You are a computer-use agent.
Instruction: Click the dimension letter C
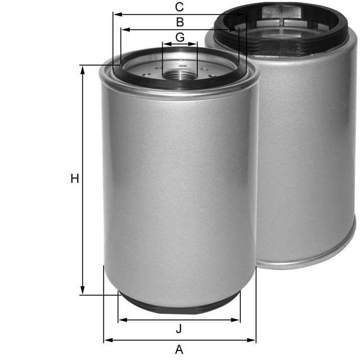pos(179,7)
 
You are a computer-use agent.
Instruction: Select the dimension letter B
pos(179,22)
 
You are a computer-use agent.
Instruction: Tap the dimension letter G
pos(179,37)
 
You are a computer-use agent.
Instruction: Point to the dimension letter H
pos(74,179)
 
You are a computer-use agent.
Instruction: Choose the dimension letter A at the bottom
pos(179,349)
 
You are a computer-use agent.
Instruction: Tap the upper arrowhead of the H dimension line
pos(83,69)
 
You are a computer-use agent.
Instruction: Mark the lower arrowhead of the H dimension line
pos(83,290)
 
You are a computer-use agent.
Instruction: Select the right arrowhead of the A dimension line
pos(253,340)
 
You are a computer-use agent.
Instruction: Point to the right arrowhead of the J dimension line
pos(237,320)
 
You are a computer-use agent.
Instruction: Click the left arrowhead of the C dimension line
pos(116,15)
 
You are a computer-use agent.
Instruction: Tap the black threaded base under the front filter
pos(179,304)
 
